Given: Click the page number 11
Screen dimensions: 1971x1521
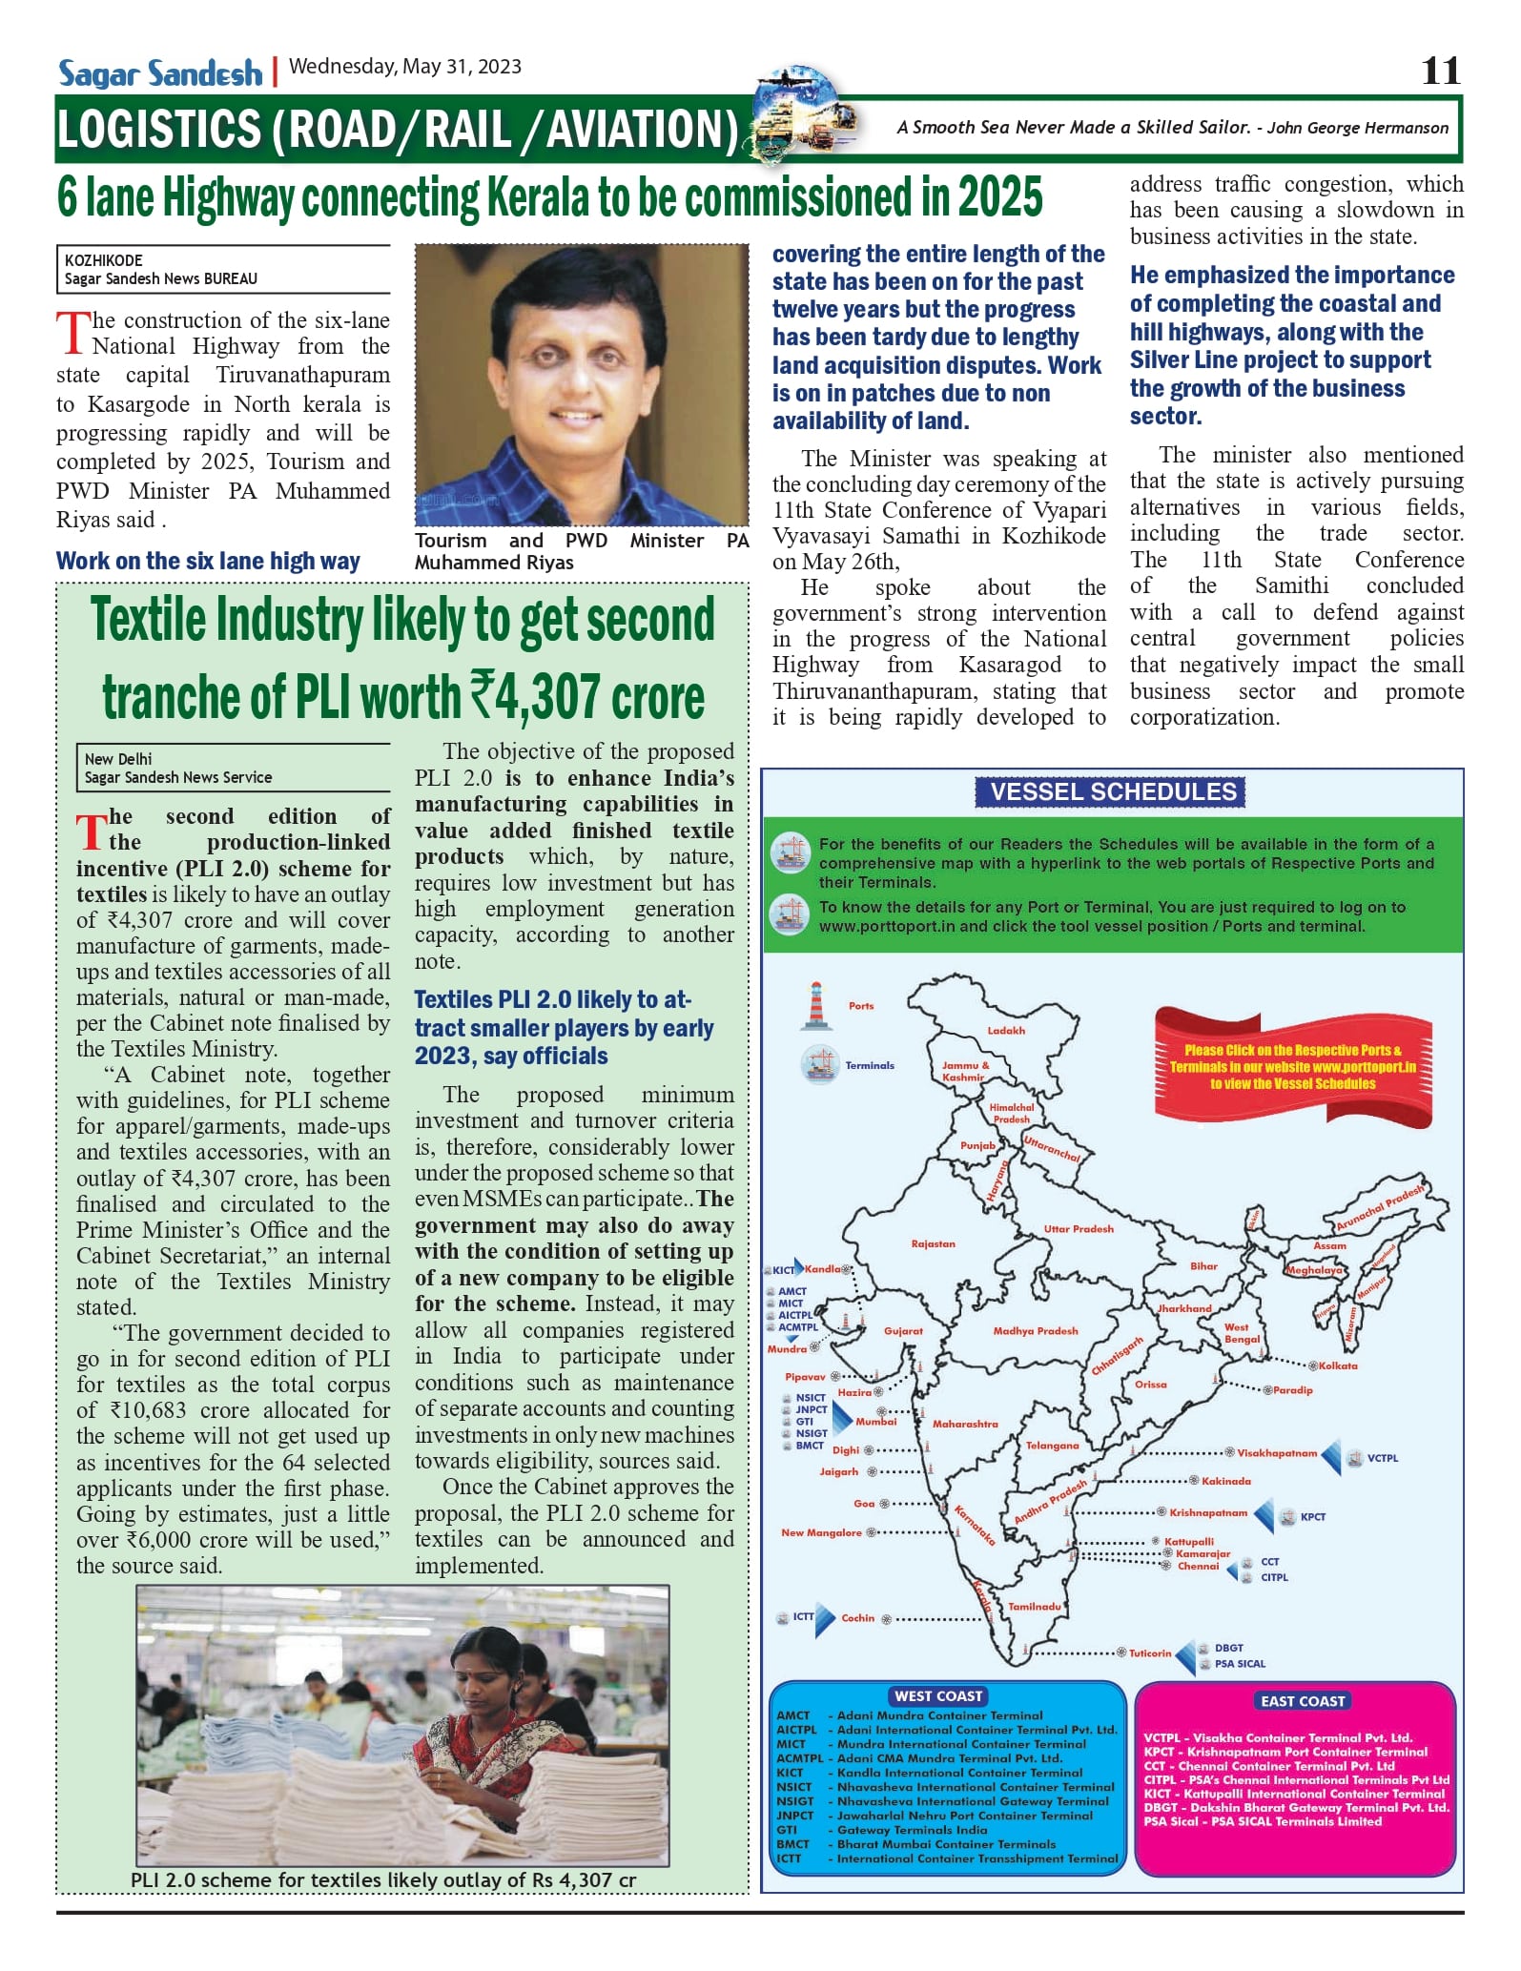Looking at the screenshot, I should tap(1440, 71).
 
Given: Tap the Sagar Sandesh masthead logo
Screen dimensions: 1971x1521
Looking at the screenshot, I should tap(160, 73).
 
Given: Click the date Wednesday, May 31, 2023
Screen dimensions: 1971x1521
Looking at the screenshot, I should tap(405, 67).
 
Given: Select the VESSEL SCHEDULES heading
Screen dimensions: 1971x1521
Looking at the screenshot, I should tap(1112, 792).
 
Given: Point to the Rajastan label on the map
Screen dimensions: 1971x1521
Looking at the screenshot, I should tap(933, 1244).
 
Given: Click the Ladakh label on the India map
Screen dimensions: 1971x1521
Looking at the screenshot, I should tap(1006, 1031).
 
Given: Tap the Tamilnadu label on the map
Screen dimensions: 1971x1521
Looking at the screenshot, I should tap(1035, 1607).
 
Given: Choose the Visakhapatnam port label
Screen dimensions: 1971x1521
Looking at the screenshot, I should tap(1277, 1453).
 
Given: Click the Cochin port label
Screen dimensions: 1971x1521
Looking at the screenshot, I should tap(857, 1618).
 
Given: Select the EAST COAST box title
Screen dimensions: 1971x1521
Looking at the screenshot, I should tap(1303, 1701).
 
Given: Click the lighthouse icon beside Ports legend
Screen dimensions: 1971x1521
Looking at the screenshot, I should tap(815, 1005).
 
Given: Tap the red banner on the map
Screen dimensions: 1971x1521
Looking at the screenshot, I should tap(1292, 1067).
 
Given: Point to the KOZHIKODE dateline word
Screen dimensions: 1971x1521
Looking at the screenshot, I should tap(104, 260).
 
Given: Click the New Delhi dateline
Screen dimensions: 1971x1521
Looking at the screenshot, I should tap(118, 759).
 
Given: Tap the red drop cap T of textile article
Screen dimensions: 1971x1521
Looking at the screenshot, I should tap(91, 832).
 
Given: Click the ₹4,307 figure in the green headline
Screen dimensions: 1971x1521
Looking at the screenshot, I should tap(536, 697).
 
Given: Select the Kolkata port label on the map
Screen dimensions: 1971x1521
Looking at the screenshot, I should tap(1338, 1366).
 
